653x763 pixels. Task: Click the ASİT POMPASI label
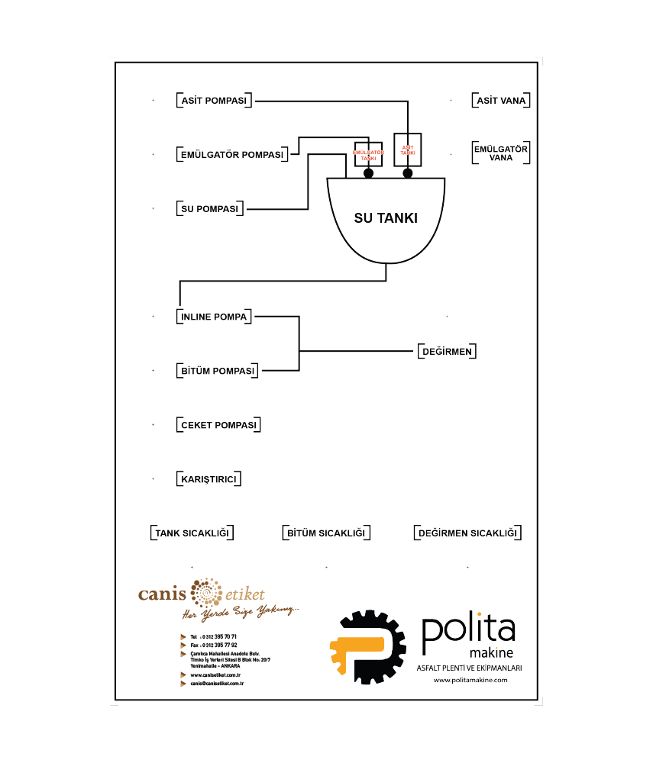coord(215,101)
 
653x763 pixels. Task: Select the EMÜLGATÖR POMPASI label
coord(231,155)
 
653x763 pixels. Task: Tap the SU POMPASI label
coord(209,209)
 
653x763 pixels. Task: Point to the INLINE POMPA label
coord(214,317)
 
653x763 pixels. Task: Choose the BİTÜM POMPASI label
coord(217,371)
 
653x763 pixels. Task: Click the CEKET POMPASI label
coord(218,425)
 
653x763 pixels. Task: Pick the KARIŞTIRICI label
coord(209,479)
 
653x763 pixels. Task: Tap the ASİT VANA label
coord(501,101)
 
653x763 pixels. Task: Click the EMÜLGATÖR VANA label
coord(501,153)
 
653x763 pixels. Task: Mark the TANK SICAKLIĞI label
coord(192,533)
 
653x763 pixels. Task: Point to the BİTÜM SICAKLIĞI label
coord(326,533)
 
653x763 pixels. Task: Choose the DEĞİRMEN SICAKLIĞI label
coord(467,533)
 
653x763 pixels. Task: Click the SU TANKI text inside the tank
coord(386,218)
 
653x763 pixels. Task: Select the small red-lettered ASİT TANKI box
coord(408,150)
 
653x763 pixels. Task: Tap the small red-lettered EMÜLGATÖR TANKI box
coord(368,153)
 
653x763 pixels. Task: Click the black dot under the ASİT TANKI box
coord(408,174)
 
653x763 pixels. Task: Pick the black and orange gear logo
coord(368,647)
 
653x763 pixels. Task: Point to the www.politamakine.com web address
coord(470,680)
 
